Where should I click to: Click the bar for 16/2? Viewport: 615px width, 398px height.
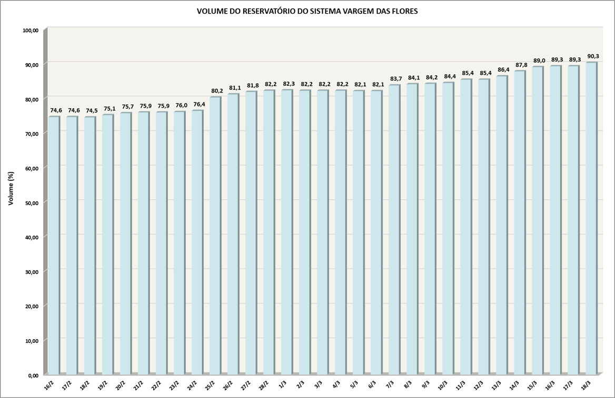pyautogui.click(x=53, y=244)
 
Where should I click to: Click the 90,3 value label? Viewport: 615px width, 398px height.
pyautogui.click(x=593, y=56)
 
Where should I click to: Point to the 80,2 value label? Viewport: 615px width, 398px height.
pyautogui.click(x=217, y=91)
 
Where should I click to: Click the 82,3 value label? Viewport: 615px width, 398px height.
pyautogui.click(x=289, y=84)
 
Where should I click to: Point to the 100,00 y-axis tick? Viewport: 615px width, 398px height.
pyautogui.click(x=31, y=30)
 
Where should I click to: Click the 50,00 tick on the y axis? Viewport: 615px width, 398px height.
pyautogui.click(x=33, y=202)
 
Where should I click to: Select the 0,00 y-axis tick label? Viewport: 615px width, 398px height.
pyautogui.click(x=34, y=375)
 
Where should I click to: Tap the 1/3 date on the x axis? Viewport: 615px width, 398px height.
pyautogui.click(x=282, y=385)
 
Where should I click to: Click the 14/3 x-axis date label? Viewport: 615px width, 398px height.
pyautogui.click(x=515, y=386)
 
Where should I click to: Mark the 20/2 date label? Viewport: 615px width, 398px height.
pyautogui.click(x=121, y=386)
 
